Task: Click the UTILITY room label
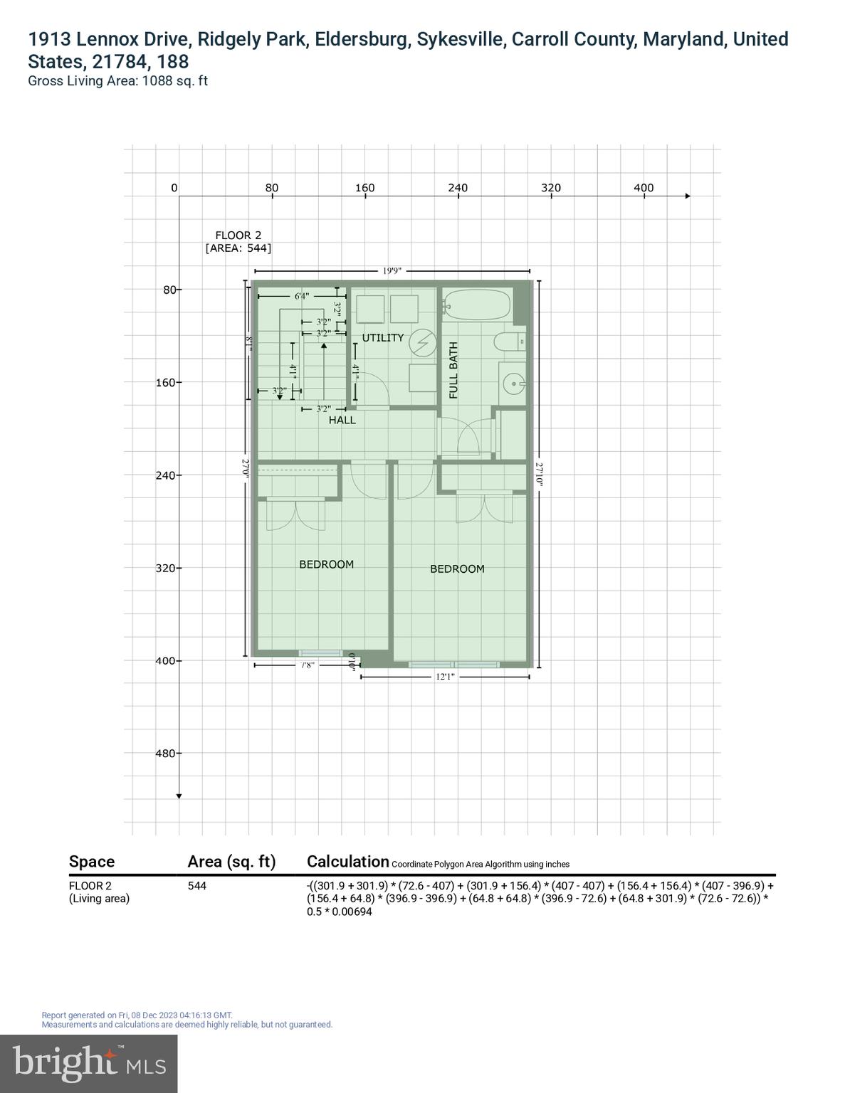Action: point(382,338)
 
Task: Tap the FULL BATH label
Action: point(453,370)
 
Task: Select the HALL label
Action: point(342,421)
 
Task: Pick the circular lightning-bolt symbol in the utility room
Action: point(422,342)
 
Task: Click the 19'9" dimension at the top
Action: point(392,271)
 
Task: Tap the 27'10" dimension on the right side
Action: point(539,474)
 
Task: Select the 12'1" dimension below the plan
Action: point(445,677)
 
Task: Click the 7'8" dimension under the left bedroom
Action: point(307,665)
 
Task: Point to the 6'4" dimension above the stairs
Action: point(302,296)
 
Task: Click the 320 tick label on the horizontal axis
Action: point(550,188)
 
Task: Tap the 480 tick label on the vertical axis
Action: point(164,754)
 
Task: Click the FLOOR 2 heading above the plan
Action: point(238,236)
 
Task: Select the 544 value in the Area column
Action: point(197,886)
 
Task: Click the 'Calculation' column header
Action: point(347,862)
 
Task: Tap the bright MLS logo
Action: point(88,1063)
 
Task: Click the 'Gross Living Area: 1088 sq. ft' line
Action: point(117,81)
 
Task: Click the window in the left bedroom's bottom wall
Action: point(320,653)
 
